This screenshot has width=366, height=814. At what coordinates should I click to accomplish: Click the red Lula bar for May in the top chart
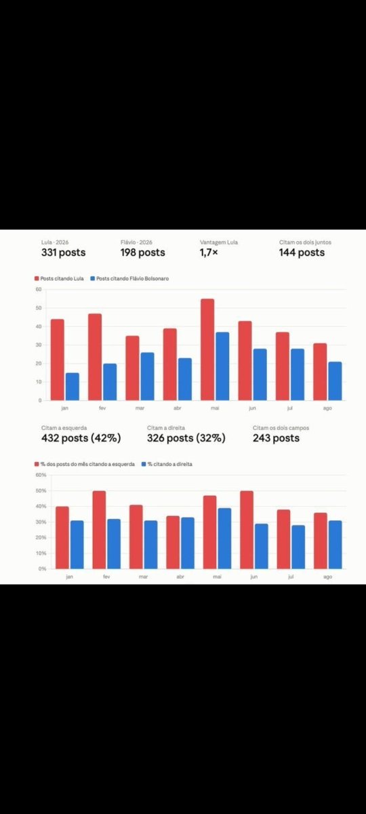coord(207,349)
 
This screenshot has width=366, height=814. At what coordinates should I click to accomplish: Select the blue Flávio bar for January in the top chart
coord(73,387)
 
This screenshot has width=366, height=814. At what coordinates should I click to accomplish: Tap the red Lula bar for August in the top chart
coord(320,372)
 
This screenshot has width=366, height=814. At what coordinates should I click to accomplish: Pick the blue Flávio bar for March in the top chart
coord(148,376)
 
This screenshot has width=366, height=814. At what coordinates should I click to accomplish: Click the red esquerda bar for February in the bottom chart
coord(99,530)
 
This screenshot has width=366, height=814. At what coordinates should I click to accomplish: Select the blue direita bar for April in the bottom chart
coord(188,543)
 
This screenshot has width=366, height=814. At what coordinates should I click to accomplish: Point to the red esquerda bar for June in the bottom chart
coord(247,530)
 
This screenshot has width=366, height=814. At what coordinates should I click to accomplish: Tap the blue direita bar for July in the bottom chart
coord(298,547)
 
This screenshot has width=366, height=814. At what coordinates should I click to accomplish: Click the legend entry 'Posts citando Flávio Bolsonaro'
coord(129,279)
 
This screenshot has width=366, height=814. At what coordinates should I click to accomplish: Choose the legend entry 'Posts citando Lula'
coord(59,279)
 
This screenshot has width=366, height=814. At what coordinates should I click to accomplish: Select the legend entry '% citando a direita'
coord(167,464)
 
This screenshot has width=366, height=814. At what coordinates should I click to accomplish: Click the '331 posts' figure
coord(63,252)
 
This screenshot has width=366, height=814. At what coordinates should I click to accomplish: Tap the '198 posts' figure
coord(143,252)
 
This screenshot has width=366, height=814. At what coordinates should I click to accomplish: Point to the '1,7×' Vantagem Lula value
coord(209,252)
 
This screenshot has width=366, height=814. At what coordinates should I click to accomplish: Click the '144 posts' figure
coord(302,252)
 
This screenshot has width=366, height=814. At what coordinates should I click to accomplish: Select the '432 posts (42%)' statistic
coord(81,438)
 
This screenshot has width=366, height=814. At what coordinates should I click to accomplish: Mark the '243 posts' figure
coord(276,438)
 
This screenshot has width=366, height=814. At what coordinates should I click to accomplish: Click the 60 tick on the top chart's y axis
coord(39,290)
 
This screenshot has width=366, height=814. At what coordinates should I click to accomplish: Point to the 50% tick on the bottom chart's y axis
coord(41,490)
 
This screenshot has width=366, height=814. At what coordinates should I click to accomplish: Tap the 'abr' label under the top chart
coord(177,408)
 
